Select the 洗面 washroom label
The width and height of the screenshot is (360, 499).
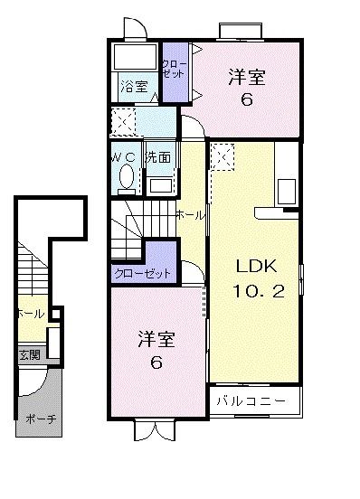click(x=158, y=155)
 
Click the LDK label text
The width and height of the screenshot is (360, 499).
click(x=254, y=267)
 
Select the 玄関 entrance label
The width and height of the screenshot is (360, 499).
click(x=28, y=355)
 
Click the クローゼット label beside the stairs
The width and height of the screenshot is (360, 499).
click(x=141, y=272)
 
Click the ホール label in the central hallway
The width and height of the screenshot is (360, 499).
click(x=189, y=214)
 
